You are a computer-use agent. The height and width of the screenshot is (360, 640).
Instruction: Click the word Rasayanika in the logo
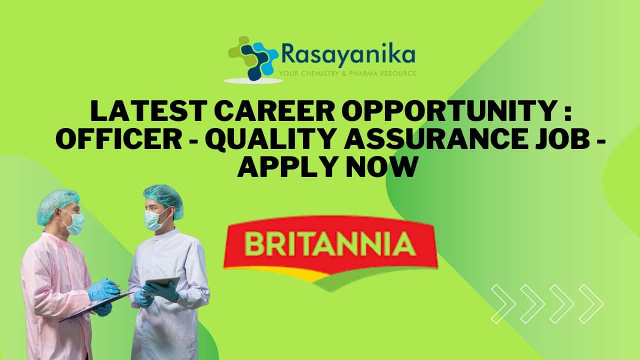pos(348,55)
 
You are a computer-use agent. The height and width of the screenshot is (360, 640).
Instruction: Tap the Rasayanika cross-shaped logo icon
pos(253,58)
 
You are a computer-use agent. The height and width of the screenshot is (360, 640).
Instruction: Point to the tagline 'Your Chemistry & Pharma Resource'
pos(347,73)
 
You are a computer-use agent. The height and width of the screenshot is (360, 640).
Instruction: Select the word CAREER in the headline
pos(274,110)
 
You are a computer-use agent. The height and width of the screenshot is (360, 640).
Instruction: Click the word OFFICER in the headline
pos(119,139)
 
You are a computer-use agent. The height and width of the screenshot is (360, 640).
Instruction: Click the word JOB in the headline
pos(563,139)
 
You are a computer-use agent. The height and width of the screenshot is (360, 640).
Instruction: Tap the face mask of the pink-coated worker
pos(74,223)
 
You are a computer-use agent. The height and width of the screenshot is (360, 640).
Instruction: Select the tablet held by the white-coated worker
pos(161,284)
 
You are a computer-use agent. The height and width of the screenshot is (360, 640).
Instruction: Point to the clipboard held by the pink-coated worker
pos(95,306)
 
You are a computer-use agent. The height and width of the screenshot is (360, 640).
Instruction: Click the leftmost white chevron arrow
pos(503,304)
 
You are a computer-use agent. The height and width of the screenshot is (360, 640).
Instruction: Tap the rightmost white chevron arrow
pos(591,304)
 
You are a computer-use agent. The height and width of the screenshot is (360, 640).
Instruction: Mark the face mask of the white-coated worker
pos(154,219)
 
